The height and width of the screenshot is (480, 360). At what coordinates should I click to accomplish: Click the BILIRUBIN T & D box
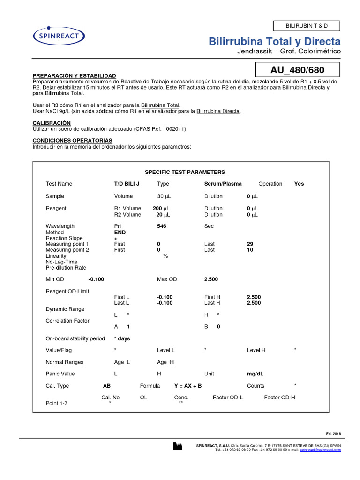coord(306,26)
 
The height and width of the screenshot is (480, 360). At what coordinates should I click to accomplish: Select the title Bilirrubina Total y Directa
coord(275,42)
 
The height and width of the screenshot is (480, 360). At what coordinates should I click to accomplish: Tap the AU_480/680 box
coord(298,70)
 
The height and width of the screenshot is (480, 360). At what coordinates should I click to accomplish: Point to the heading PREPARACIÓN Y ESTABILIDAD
coord(74,76)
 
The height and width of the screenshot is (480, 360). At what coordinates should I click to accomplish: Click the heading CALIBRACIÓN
coord(52,123)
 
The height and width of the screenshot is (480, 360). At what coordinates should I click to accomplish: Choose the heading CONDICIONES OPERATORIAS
coord(72,140)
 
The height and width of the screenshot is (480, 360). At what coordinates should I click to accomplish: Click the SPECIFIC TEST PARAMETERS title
coord(185,172)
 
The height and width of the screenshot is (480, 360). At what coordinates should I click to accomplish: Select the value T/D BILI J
coord(127,184)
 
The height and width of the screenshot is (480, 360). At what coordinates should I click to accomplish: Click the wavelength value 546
coord(162,226)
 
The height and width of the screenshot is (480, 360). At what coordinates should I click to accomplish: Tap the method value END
coord(120,232)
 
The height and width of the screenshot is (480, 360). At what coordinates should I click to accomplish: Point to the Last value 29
coord(250,244)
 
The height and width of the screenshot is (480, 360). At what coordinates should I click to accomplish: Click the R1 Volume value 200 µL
coord(161,208)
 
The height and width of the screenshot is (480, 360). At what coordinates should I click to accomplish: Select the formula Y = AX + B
coord(188,386)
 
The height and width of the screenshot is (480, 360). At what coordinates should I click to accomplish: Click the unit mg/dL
coord(255,374)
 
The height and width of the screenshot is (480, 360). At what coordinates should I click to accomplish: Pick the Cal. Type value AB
coord(107,386)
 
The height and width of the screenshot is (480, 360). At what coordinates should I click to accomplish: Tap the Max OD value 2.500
coord(211,279)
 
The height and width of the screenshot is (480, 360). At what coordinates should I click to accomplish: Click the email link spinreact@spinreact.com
coord(321,450)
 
